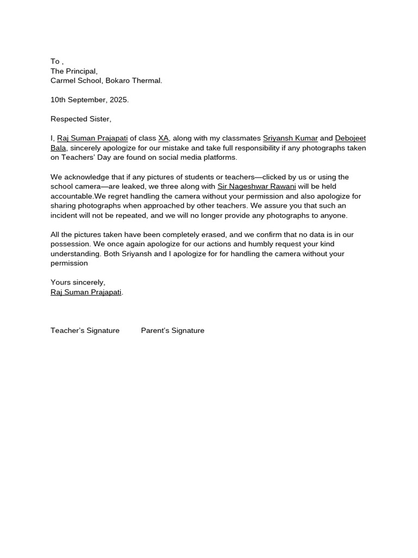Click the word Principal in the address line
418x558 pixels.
click(81, 71)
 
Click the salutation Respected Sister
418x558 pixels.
click(81, 119)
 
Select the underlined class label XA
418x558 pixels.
click(163, 138)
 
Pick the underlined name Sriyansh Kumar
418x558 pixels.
click(290, 138)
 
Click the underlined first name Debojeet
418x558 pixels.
click(351, 138)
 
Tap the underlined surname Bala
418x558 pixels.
click(58, 148)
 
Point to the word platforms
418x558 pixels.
click(220, 157)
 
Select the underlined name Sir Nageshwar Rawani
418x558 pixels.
click(256, 186)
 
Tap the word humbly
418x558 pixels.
click(262, 244)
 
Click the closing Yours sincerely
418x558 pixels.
click(78, 282)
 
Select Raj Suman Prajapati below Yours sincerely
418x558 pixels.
click(86, 292)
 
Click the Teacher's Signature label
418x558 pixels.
click(85, 330)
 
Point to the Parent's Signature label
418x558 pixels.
click(173, 330)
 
